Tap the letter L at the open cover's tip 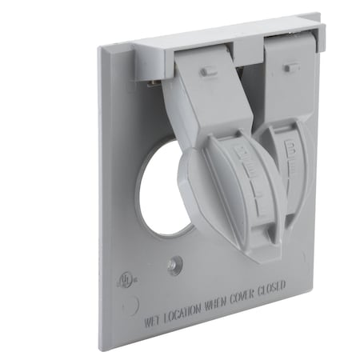pyautogui.click(x=264, y=210)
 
